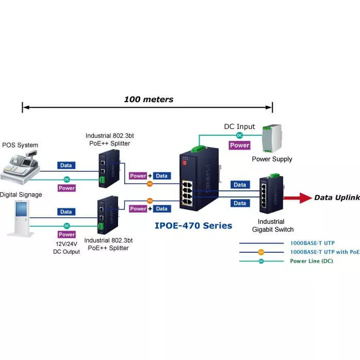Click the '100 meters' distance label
(x=149, y=99)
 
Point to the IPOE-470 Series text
(x=193, y=225)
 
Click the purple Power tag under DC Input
(x=240, y=145)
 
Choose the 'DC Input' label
(x=239, y=126)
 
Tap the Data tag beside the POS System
(x=66, y=166)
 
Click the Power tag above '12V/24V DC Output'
(x=67, y=235)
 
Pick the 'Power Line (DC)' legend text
(x=312, y=261)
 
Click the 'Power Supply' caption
(x=272, y=159)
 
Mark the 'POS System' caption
(x=20, y=145)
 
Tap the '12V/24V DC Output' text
(x=67, y=248)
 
